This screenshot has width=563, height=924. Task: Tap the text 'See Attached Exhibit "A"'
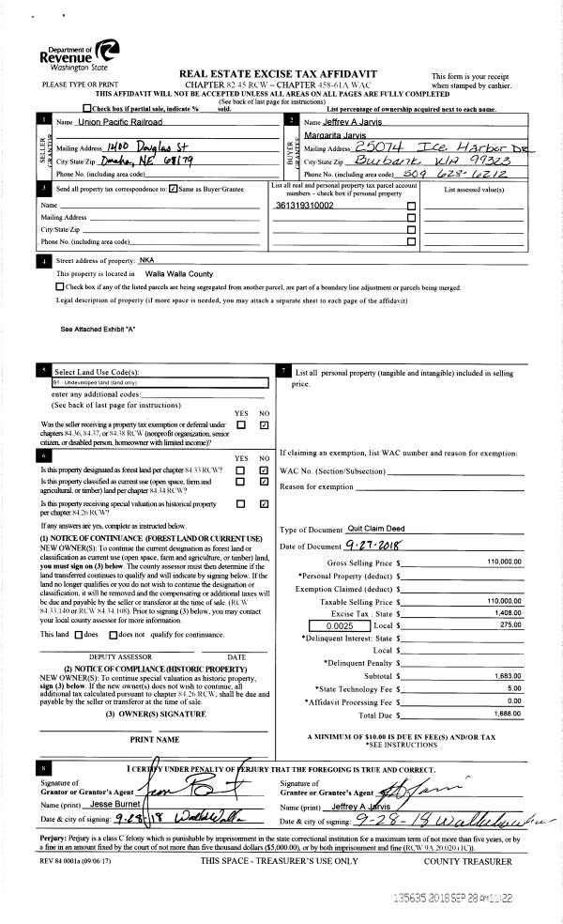click(x=98, y=329)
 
